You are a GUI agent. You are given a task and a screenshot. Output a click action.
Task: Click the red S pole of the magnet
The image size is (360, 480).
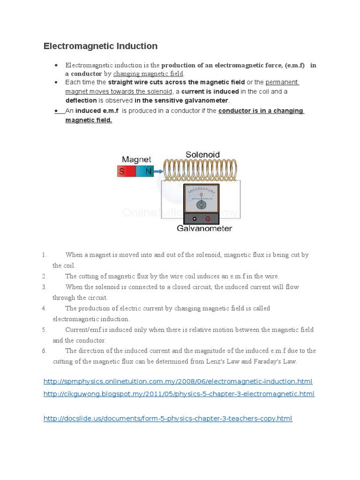coord(123,172)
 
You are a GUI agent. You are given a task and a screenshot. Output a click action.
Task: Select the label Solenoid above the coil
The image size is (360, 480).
coord(202,154)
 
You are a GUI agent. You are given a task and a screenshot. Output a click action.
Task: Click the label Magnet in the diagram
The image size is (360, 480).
coord(136,159)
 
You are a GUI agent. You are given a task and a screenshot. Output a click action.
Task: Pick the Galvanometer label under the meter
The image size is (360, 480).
coord(204,229)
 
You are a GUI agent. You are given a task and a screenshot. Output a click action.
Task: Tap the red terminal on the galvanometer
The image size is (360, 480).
coord(208,219)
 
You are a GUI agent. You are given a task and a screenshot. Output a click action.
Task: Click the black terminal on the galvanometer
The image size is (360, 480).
coord(195,219)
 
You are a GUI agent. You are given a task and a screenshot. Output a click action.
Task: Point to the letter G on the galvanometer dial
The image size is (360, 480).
coord(201,194)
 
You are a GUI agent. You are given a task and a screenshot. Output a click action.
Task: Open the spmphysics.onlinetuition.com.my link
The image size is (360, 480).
coord(178,381)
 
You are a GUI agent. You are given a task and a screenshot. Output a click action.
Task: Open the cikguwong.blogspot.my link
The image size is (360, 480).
coord(179,394)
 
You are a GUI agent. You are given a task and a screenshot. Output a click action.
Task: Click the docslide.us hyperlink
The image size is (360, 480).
coord(167,418)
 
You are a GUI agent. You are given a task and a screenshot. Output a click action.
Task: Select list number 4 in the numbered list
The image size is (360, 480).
coord(44,308)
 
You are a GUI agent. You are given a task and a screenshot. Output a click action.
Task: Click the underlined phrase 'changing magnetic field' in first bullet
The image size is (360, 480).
coord(148,74)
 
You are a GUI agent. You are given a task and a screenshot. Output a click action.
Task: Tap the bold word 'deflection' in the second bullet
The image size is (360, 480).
coord(81,100)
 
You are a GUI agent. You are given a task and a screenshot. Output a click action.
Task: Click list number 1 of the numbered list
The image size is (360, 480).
coord(44,255)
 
